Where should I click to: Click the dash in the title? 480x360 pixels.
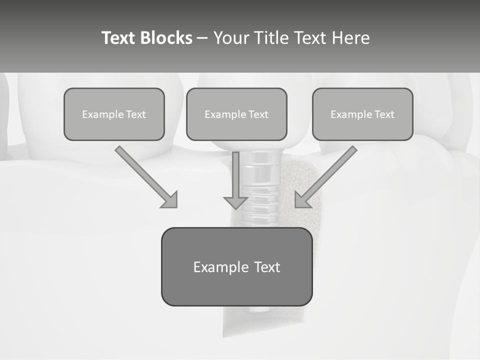pos(202,38)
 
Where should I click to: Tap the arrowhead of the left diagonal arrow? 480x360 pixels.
pos(170,200)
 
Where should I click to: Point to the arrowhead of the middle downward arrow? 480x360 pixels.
pos(235,202)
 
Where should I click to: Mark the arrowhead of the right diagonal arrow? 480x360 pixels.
pos(302,200)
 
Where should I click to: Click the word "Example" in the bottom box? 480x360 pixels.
pos(221,267)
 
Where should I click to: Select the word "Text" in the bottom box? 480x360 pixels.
pos(266,267)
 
